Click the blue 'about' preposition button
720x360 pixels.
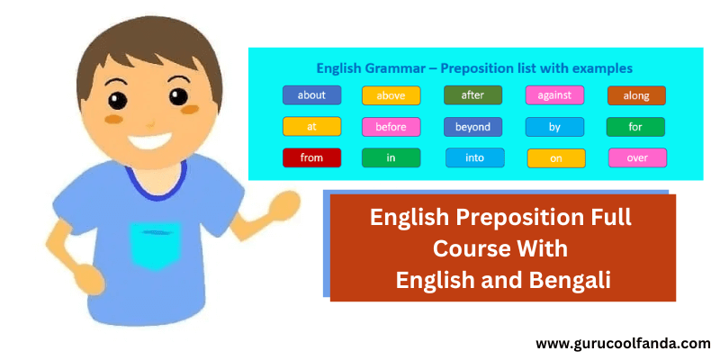311,94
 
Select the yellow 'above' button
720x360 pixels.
391,95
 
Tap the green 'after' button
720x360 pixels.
472,94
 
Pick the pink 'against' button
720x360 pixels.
554,94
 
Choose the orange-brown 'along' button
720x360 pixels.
636,95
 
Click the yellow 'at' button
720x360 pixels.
311,127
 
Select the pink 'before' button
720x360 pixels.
391,127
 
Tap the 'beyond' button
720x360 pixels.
472,127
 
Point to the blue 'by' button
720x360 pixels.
554,127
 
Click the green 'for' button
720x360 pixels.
635,127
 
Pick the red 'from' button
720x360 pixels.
311,157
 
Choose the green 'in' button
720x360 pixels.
391,158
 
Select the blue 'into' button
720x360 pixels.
474,158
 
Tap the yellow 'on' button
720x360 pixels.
555,158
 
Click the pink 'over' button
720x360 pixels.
637,157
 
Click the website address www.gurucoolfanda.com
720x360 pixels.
623,343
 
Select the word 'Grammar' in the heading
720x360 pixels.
391,67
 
